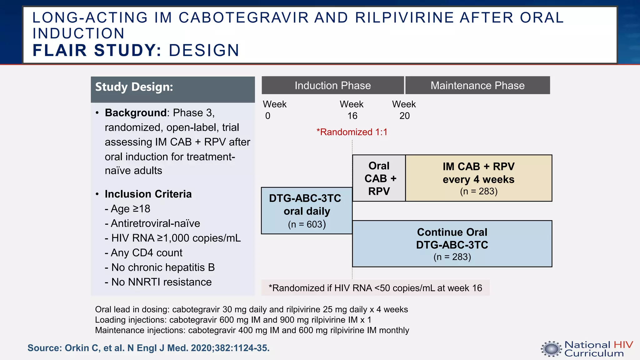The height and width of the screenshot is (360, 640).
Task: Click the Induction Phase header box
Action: tap(332, 85)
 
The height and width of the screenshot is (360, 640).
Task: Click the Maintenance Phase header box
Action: tap(477, 85)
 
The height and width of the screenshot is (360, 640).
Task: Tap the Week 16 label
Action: tap(352, 110)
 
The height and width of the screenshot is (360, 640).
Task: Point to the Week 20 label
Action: tap(404, 110)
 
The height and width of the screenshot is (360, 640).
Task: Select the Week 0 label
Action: tap(274, 110)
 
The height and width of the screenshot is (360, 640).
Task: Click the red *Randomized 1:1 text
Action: tap(352, 132)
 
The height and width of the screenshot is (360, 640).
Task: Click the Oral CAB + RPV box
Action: tap(379, 178)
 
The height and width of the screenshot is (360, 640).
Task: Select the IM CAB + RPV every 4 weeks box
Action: tap(478, 178)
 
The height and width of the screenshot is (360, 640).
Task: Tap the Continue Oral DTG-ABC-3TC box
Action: tap(452, 244)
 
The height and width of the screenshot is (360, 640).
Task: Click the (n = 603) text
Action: tap(307, 224)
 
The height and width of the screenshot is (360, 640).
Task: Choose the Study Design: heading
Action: tap(134, 87)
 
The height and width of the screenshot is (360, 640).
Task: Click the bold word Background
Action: tap(136, 112)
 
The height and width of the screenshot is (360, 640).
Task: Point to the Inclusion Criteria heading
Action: tap(148, 194)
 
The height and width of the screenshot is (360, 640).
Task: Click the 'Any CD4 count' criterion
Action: tap(143, 252)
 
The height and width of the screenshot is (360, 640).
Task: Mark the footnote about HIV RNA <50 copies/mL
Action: tap(375, 288)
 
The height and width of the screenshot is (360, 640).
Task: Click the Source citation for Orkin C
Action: tap(148, 348)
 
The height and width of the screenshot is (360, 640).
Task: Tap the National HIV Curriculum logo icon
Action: tap(551, 349)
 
